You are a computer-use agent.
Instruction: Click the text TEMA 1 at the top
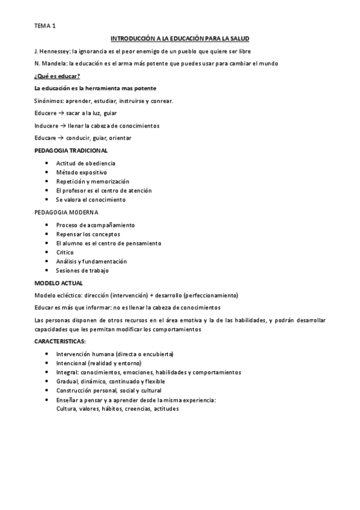click(x=44, y=26)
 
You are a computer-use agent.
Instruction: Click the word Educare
click(x=46, y=138)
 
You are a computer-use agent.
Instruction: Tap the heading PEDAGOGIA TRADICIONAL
click(x=71, y=150)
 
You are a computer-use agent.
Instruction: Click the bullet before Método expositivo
click(x=47, y=173)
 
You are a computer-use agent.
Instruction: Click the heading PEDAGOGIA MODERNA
click(x=66, y=212)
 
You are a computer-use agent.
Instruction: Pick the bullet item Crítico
click(x=65, y=253)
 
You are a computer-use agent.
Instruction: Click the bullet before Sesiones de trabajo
click(x=47, y=271)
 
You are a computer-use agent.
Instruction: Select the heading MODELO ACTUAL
click(x=59, y=283)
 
